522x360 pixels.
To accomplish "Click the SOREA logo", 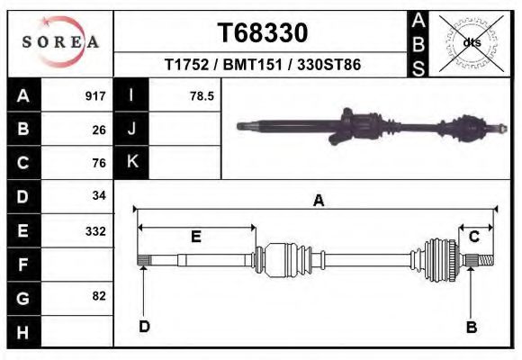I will (x=59, y=43).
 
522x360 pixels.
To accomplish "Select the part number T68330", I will (x=263, y=33).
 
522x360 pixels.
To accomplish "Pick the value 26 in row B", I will (x=99, y=130).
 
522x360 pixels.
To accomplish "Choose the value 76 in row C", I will (x=99, y=163).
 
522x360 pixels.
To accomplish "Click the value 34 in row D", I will (x=99, y=196).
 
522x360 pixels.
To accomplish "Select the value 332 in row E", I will (x=95, y=230).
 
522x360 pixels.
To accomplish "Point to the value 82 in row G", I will (x=99, y=296).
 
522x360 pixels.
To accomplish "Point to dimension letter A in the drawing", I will (x=318, y=202).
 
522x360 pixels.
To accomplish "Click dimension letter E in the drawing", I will (x=196, y=237).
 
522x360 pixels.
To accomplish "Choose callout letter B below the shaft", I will (x=471, y=327).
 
